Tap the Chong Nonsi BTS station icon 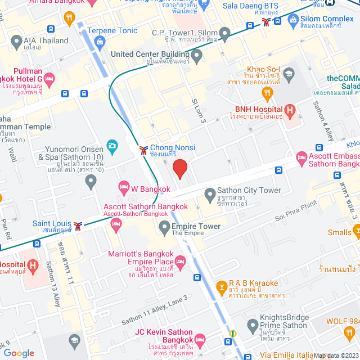click(144, 150)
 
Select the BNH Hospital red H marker click(290, 111)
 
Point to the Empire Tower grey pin click(164, 227)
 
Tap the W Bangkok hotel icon click(124, 186)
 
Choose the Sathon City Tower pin click(210, 195)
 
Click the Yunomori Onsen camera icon click(112, 146)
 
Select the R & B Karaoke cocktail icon click(222, 288)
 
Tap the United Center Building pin click(196, 55)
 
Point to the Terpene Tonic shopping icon click(100, 41)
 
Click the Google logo click(19, 353)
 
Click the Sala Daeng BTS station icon click(266, 22)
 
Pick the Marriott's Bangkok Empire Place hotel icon click(180, 261)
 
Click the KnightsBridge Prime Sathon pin click(252, 325)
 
